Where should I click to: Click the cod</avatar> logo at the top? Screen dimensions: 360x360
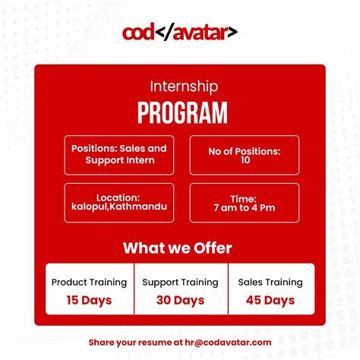click(x=180, y=33)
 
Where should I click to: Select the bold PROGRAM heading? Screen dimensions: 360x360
click(x=182, y=112)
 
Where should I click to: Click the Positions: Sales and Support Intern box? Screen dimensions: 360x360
click(x=119, y=154)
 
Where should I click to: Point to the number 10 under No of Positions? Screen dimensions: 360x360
click(x=244, y=161)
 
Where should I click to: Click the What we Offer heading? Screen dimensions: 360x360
click(x=177, y=248)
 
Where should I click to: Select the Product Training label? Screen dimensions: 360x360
click(x=89, y=282)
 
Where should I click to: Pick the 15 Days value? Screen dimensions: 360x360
click(x=89, y=300)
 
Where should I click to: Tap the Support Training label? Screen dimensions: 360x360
click(x=180, y=282)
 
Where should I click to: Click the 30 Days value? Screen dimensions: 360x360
click(x=180, y=300)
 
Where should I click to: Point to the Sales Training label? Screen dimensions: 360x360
click(x=270, y=282)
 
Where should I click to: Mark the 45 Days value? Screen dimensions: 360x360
click(x=270, y=300)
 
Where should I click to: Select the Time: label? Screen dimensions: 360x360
click(x=244, y=198)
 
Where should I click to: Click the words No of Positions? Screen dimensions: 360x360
click(x=244, y=151)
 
